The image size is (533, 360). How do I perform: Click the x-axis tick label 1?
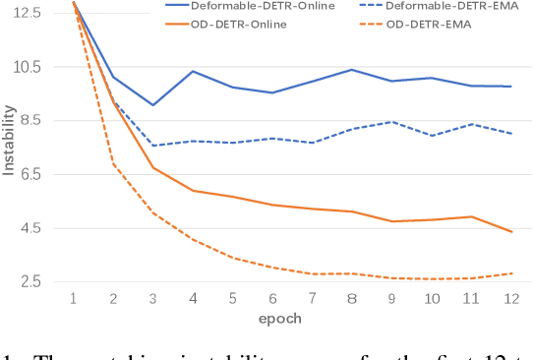74,297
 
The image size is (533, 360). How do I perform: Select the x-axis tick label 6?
272,297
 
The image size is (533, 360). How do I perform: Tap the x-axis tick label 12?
509,297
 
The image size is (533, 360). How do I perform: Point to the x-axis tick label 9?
391,297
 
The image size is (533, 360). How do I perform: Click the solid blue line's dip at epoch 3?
152,104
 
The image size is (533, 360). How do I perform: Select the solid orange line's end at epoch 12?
511,232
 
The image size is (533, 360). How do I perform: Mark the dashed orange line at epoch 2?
113,163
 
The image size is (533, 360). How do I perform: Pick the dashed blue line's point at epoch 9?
391,121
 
